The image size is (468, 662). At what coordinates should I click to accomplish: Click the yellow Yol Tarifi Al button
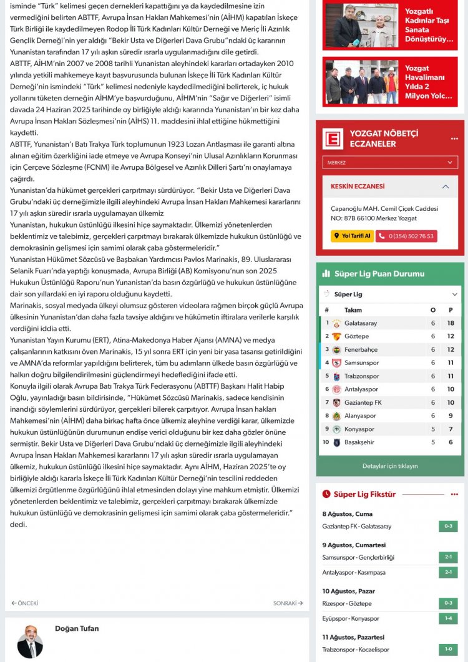point(352,236)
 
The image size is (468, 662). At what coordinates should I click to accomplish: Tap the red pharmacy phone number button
point(406,236)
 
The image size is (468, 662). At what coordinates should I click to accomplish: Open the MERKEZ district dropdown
point(390,162)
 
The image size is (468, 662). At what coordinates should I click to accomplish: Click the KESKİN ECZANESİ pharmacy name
point(358,186)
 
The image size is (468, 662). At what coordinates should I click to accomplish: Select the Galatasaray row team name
point(361,323)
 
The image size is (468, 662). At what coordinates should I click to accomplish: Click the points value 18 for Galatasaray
point(451,323)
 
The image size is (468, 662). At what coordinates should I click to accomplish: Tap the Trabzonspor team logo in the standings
point(336,376)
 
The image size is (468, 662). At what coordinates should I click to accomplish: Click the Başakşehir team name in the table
point(361,442)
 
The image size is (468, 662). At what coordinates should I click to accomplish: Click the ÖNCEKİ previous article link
point(25,603)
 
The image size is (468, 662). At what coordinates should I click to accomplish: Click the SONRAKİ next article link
point(288,603)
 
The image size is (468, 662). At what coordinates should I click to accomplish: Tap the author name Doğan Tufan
point(77,628)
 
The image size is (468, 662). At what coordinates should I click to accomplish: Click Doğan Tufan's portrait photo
point(30,641)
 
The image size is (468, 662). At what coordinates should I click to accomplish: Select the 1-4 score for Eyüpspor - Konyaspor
point(447,618)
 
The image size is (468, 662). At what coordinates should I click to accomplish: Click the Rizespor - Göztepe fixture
point(347,603)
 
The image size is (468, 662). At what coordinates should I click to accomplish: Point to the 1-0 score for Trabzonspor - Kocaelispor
point(447,649)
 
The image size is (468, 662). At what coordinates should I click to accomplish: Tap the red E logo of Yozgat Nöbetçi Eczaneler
point(333,139)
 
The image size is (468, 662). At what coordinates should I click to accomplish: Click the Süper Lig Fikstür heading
point(364,494)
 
